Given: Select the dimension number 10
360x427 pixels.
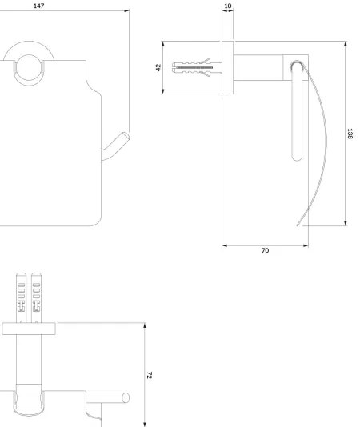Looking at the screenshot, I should [228, 6].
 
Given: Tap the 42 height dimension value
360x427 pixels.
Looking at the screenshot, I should [158, 67].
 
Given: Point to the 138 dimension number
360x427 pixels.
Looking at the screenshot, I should [350, 134].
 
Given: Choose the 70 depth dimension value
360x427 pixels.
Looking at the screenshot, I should [265, 251].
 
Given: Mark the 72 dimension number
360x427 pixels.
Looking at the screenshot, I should [150, 374].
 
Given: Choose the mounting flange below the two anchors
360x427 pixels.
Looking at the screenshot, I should [30, 327].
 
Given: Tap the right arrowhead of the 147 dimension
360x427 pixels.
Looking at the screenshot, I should [126, 12].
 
